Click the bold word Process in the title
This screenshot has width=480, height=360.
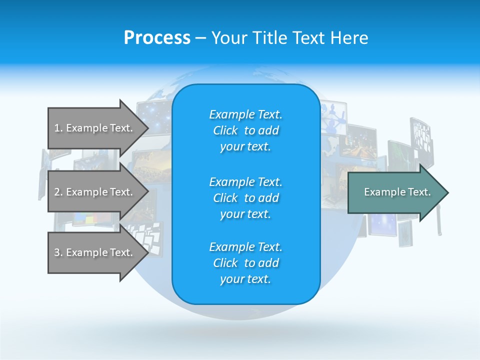[x=157, y=38]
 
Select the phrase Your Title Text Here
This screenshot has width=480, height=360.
[x=289, y=38]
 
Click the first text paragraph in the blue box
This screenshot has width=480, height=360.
[x=245, y=130]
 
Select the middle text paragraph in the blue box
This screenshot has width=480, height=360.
[x=245, y=198]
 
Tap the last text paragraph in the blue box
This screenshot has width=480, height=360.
[x=245, y=263]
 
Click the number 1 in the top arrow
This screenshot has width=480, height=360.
[x=57, y=128]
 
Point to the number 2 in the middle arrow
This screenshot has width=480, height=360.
[x=57, y=192]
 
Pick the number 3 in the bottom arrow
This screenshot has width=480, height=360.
[x=57, y=252]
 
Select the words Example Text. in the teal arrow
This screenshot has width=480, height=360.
[x=397, y=192]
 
